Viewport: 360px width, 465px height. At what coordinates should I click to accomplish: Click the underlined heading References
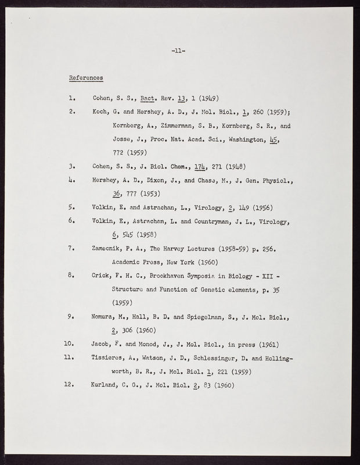[86, 77]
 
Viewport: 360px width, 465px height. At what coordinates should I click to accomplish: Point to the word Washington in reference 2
[238, 139]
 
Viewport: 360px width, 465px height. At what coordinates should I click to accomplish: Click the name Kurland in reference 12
[106, 385]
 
